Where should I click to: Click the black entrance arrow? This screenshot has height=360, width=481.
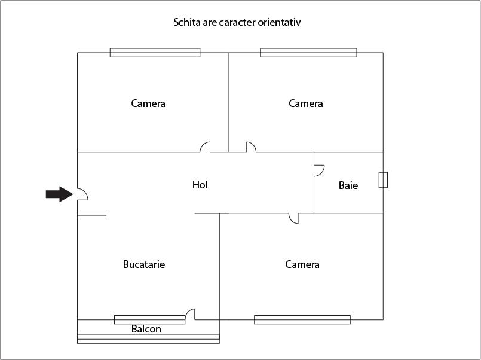click(59, 194)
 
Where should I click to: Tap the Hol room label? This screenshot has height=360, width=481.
click(200, 185)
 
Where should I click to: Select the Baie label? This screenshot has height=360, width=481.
click(348, 185)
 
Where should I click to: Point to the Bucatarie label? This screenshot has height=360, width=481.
click(144, 264)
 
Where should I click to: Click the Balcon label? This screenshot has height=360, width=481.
click(146, 329)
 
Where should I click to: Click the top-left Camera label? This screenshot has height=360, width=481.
click(148, 103)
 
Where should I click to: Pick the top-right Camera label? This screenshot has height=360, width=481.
click(306, 103)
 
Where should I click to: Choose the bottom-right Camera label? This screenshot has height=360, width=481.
click(302, 264)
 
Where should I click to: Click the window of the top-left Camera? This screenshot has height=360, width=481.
click(155, 53)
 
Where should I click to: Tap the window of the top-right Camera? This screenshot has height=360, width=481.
click(309, 53)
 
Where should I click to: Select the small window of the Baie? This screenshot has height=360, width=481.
click(383, 180)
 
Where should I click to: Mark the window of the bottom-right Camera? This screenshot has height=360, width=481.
click(302, 319)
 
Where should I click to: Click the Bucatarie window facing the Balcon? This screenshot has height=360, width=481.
click(149, 319)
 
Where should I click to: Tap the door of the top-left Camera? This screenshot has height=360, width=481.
click(205, 147)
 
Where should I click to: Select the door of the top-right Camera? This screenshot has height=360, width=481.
click(250, 147)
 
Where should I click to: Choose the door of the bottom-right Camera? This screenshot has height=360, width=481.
click(293, 218)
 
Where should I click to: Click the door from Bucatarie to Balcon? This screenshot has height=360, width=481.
click(191, 314)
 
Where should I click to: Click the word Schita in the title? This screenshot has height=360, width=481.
click(186, 22)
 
